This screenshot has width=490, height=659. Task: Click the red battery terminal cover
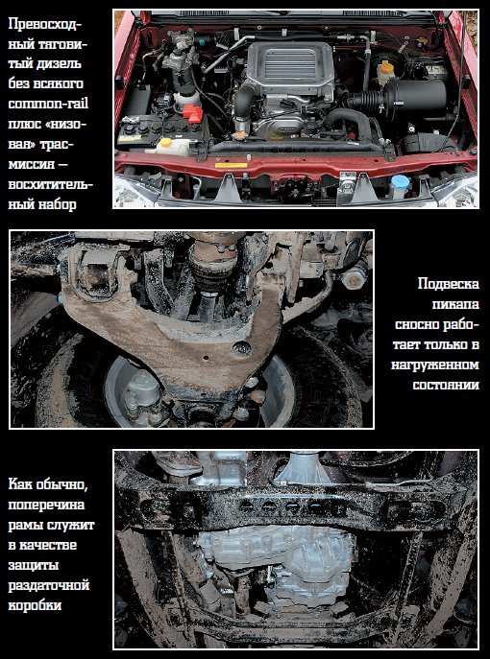click(x=192, y=113)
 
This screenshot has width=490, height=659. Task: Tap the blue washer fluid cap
click(x=400, y=181)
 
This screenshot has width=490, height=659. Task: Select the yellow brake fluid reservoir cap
click(x=385, y=66)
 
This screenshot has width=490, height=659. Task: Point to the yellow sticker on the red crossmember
click(x=232, y=165)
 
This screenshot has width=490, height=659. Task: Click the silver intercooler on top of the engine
click(x=290, y=64)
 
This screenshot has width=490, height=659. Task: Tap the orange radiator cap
click(x=239, y=136)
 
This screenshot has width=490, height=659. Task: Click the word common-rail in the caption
click(x=48, y=104)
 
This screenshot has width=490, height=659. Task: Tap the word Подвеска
click(x=448, y=284)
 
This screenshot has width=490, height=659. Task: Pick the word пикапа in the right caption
click(x=455, y=304)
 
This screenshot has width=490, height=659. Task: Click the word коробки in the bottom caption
click(x=35, y=605)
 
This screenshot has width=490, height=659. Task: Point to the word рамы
click(x=26, y=526)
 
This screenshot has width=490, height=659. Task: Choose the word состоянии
click(x=446, y=385)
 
